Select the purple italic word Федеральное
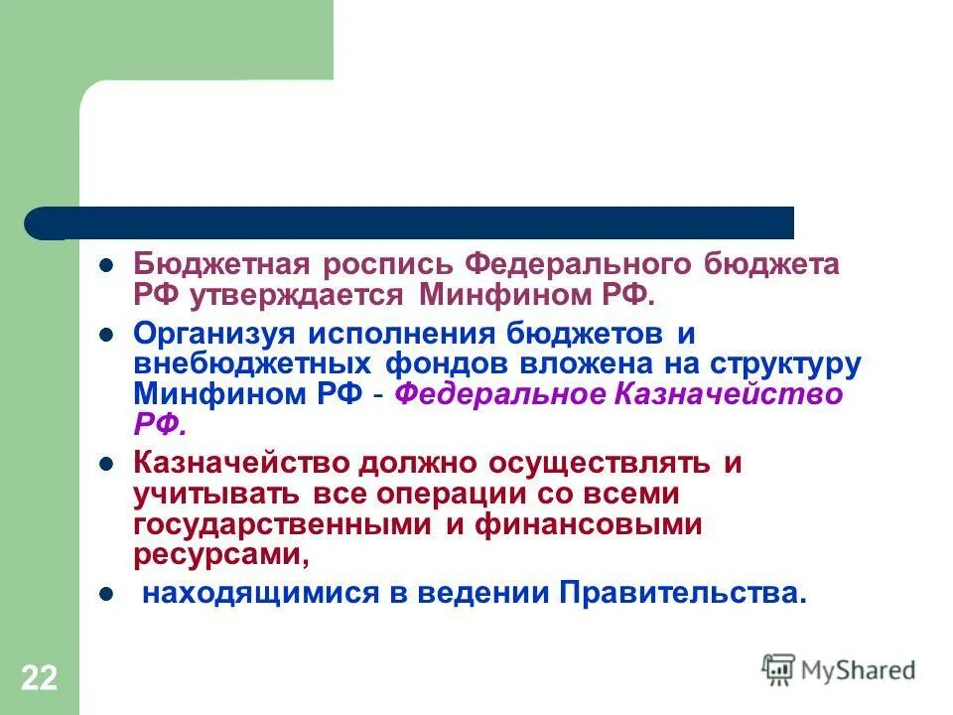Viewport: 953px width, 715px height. pos(500,394)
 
